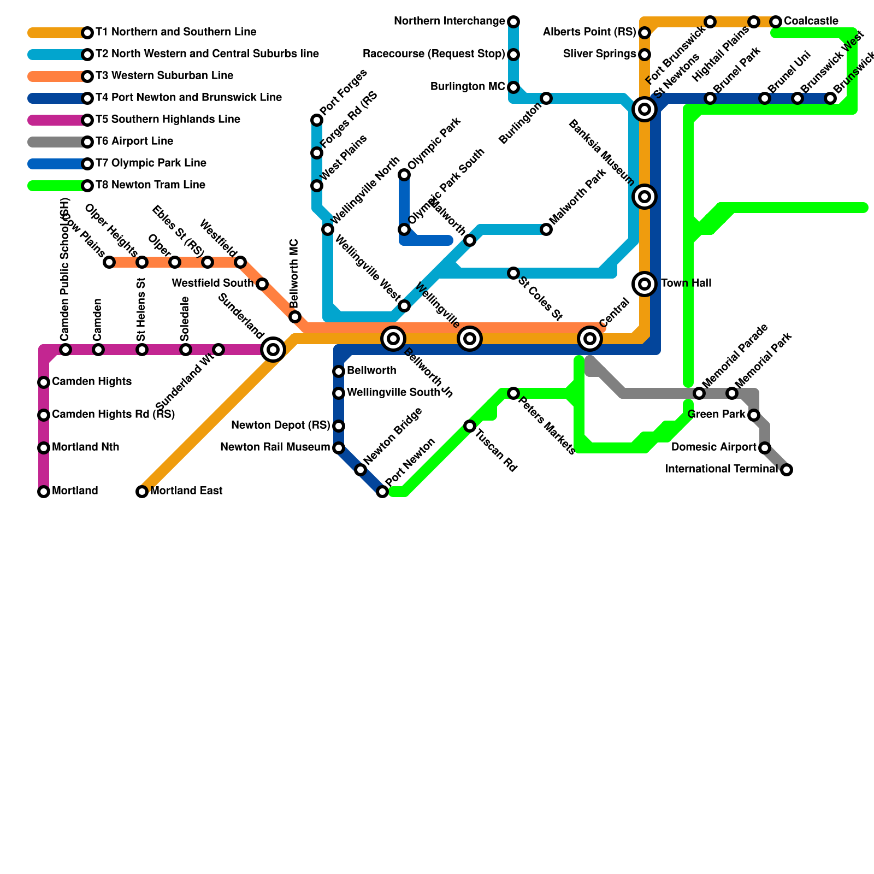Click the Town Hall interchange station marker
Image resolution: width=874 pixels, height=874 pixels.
645,284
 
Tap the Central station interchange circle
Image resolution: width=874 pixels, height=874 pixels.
590,339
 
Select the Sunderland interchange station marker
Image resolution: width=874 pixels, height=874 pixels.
273,350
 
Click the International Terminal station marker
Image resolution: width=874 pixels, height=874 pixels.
787,470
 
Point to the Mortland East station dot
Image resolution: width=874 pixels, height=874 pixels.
142,492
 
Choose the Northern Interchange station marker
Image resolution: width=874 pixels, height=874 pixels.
513,22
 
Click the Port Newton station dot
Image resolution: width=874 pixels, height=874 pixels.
382,492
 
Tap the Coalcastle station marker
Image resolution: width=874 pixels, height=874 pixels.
776,22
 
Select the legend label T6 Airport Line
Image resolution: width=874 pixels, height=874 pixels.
134,141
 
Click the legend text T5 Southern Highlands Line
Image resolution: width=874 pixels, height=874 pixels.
168,120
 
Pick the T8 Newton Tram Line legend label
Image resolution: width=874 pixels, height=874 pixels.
150,185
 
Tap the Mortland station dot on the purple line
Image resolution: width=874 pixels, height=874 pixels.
44,492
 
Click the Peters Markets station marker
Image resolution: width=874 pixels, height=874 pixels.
513,393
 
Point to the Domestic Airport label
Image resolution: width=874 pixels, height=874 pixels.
713,447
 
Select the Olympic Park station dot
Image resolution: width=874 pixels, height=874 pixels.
404,175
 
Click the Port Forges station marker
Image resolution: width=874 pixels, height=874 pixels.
317,120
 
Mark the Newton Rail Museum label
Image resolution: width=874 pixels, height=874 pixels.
275,447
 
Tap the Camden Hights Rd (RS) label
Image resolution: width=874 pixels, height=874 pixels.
113,415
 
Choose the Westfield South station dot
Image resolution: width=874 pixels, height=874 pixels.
262,284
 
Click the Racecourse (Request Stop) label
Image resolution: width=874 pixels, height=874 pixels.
434,54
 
